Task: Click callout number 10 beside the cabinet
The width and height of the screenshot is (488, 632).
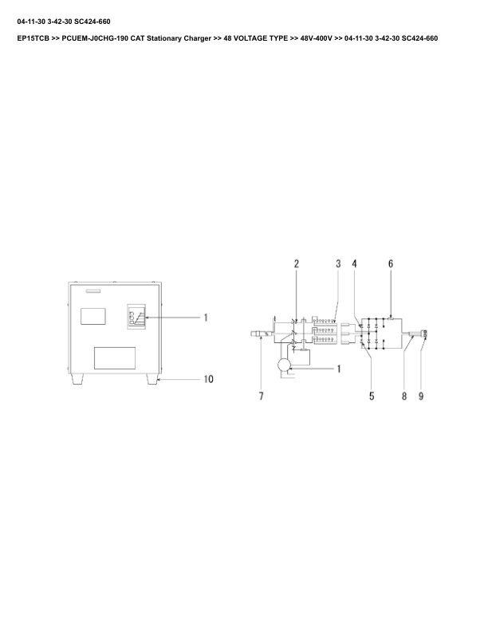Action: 208,379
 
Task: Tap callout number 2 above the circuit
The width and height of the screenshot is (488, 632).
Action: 297,263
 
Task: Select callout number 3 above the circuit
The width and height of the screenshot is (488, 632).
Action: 338,263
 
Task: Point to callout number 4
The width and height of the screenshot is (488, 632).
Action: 354,263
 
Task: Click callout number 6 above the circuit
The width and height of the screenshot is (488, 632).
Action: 391,263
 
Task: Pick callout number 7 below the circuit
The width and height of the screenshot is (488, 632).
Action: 262,397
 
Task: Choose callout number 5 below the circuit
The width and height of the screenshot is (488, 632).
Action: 372,397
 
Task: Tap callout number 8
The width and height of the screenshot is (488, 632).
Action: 404,397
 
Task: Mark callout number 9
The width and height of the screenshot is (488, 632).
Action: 421,397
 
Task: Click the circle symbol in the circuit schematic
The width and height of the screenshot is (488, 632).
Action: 284,365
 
